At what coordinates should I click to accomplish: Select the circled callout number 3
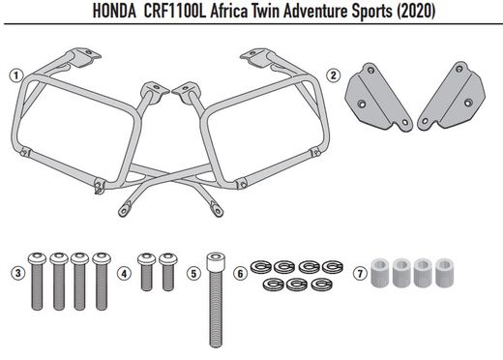(15, 274)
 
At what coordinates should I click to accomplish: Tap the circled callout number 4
(123, 274)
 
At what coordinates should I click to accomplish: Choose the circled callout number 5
(193, 274)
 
